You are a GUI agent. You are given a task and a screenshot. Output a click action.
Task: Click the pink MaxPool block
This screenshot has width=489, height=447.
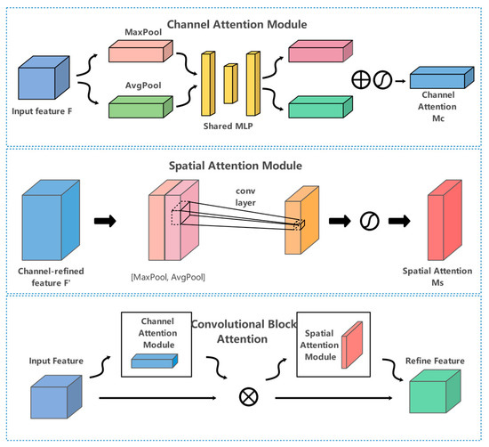140,51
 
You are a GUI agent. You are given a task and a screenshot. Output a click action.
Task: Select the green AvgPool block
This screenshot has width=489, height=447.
140,107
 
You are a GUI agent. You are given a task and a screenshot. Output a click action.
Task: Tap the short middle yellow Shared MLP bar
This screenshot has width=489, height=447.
230,84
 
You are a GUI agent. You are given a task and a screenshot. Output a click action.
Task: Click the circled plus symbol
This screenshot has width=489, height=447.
361,80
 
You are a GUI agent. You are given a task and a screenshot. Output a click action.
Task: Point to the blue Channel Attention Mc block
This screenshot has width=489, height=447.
442,77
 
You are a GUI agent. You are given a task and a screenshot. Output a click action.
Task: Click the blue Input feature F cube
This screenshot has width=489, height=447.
44,77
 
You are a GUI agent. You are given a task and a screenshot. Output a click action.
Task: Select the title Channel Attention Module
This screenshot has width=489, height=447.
237,24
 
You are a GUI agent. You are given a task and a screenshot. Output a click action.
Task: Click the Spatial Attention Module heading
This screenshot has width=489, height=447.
236,166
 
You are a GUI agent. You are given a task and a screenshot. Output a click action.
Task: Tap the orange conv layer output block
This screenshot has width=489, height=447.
302,220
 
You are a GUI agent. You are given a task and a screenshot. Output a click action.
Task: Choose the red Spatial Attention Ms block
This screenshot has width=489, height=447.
445,220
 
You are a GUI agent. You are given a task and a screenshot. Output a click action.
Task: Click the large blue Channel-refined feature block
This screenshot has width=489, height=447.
51,220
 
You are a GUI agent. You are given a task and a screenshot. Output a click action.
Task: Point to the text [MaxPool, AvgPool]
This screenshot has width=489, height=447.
168,277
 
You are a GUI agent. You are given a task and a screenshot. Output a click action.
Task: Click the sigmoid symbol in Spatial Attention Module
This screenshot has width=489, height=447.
370,221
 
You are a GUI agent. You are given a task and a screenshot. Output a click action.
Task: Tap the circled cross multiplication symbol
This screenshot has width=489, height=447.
249,397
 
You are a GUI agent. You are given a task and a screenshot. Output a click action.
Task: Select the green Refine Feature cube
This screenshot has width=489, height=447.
435,392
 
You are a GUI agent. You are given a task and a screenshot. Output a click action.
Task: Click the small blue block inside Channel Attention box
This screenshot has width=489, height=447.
155,361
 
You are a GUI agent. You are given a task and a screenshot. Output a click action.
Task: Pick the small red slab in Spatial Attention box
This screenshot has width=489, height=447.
352,345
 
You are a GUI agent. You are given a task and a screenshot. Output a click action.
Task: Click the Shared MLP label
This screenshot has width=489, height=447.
228,126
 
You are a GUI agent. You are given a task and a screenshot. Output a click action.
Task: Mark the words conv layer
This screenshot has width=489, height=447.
245,197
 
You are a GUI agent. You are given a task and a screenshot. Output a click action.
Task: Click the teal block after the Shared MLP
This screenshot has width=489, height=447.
321,107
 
